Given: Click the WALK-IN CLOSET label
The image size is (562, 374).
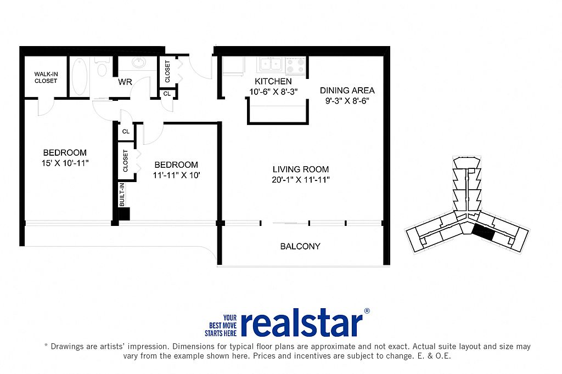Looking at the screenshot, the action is (46, 78).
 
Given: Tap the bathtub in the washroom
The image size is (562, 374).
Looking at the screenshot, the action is (80, 76).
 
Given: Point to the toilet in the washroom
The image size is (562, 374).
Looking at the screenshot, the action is (102, 67).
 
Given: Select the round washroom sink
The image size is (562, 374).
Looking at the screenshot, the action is (139, 63).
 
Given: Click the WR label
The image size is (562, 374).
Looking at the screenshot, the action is (125, 82).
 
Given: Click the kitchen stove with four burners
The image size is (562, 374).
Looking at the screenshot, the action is (296, 66).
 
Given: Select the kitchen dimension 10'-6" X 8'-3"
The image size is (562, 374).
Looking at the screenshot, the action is (273, 92).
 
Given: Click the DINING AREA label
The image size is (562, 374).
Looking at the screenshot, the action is (347, 90).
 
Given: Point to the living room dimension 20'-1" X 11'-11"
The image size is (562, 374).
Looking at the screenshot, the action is (300, 180).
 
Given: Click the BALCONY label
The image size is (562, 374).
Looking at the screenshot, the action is (300, 246).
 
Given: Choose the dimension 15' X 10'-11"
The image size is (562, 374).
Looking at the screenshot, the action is (65, 163).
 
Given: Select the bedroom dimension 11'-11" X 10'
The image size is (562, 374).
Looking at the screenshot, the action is (176, 175).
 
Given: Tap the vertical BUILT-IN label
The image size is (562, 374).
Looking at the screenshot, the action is (122, 195).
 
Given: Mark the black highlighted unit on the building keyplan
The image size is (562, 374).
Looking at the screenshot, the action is (483, 233).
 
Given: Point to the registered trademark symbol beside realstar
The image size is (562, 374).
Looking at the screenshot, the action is (367, 311).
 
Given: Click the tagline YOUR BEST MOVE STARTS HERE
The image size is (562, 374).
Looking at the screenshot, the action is (221, 326).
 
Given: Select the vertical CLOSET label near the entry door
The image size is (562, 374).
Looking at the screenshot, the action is (167, 71).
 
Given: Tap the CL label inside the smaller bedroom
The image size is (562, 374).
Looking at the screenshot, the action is (126, 132).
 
